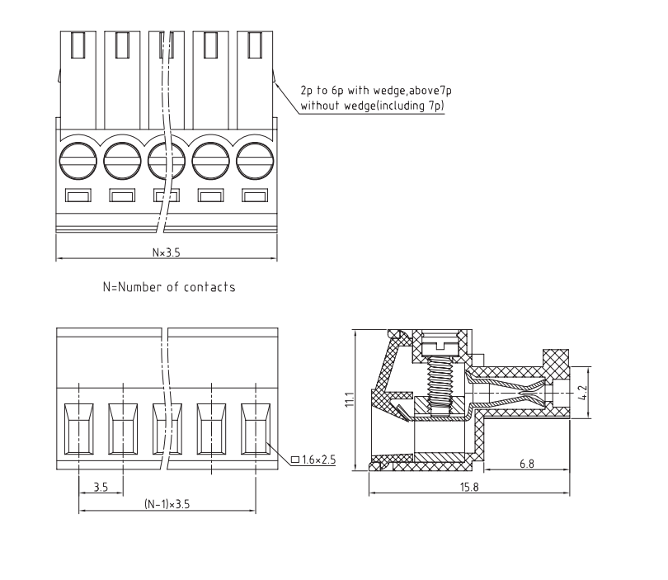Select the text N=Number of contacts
[168, 287]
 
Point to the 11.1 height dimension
[349, 400]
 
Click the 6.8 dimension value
[526, 464]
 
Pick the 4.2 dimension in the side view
[582, 393]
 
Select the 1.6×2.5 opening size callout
[318, 460]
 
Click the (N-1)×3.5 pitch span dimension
[167, 504]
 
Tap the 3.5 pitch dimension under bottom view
[101, 487]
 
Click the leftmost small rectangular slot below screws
[78, 196]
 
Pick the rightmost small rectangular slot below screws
[255, 196]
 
